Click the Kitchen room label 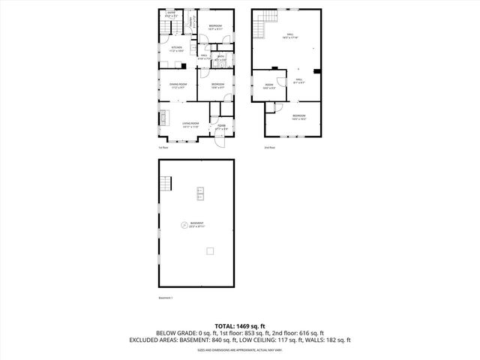click(176, 48)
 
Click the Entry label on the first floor click(171, 13)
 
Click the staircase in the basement click(167, 184)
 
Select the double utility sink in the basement click(200, 193)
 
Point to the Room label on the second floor click(269, 85)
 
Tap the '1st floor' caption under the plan click(163, 147)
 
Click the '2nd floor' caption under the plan click(270, 147)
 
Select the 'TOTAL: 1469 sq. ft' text click(240, 325)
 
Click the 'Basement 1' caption click(166, 298)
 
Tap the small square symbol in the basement click(211, 250)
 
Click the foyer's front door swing click(222, 142)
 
